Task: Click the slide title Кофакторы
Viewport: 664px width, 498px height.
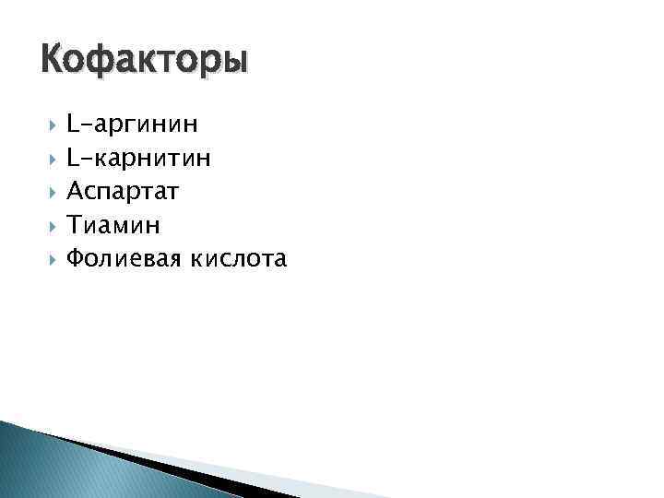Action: pyautogui.click(x=145, y=61)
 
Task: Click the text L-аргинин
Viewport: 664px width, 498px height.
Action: pyautogui.click(x=131, y=124)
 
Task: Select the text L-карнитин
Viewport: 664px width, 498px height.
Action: pyautogui.click(x=138, y=158)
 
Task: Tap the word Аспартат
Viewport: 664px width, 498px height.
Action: pyautogui.click(x=123, y=192)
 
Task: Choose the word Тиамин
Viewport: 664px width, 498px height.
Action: pyautogui.click(x=113, y=225)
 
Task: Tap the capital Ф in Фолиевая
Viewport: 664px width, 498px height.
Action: pyautogui.click(x=76, y=259)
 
